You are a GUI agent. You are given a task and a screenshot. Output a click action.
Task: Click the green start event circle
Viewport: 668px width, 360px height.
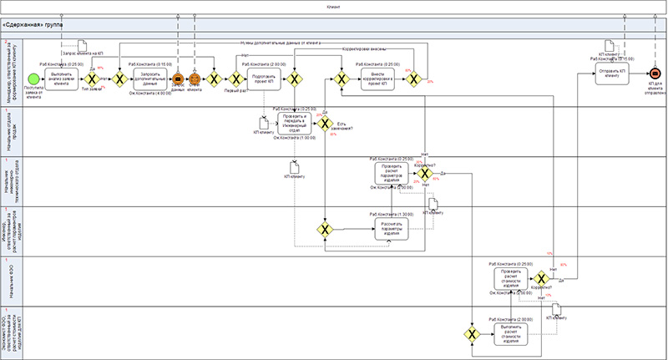pos(33,79)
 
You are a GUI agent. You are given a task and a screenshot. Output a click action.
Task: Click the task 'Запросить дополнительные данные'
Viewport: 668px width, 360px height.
pos(150,79)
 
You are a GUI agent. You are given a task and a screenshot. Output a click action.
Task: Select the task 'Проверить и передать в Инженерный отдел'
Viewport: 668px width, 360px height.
pos(289,123)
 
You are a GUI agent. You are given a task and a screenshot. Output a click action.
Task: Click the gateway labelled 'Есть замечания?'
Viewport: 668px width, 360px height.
pos(324,123)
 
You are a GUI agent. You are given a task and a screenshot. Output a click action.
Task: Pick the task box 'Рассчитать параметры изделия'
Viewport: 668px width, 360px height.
pos(392,227)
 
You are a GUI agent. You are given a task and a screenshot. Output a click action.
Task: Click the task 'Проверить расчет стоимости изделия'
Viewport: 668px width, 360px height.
pos(511,278)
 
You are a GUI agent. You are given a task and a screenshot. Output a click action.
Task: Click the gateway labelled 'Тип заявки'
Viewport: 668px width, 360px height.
pos(92,79)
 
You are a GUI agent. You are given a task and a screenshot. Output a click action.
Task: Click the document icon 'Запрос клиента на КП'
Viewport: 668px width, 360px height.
pos(84,46)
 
